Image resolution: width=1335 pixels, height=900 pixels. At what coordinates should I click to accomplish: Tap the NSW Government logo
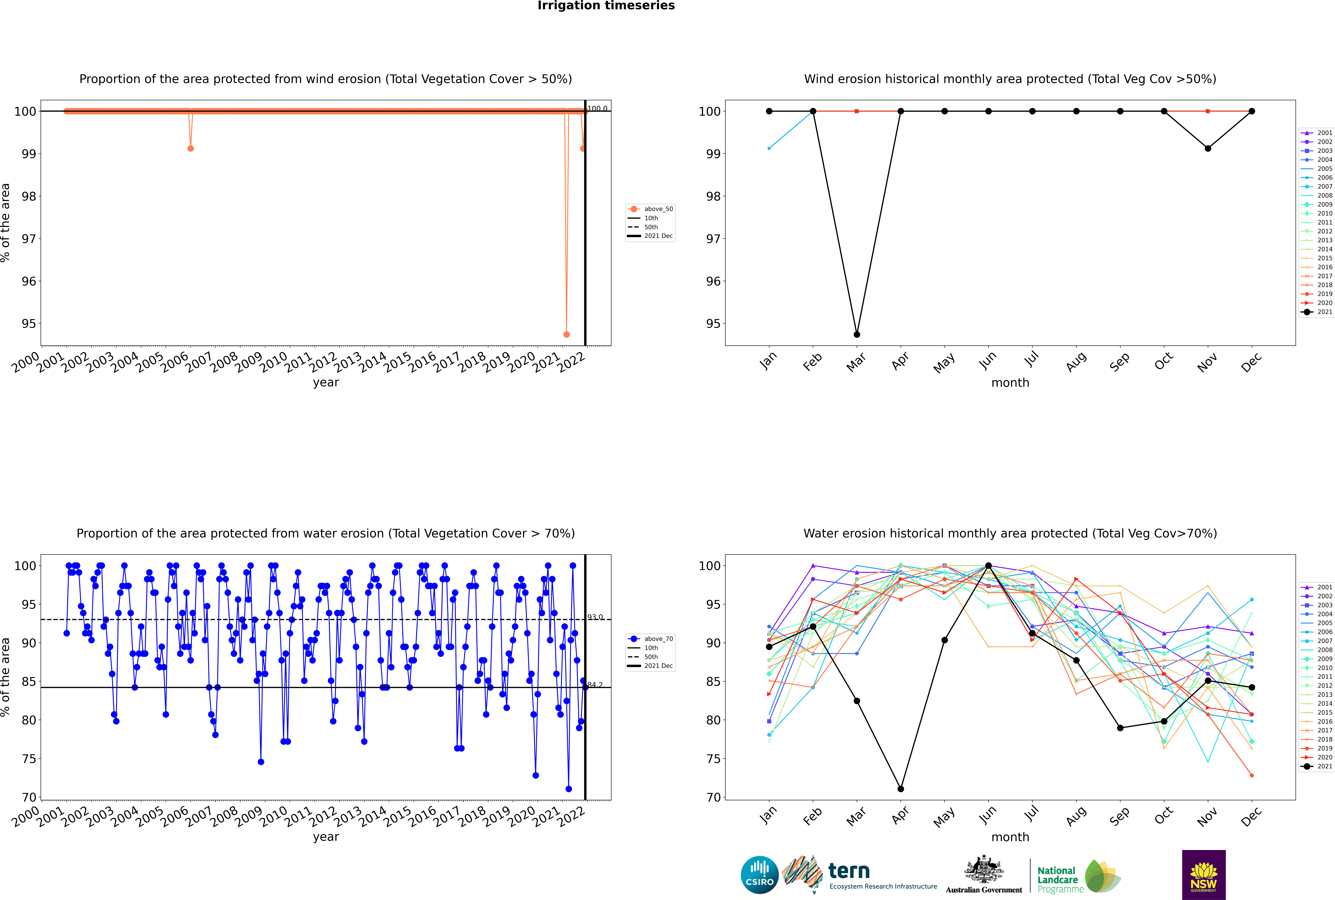coord(1204,874)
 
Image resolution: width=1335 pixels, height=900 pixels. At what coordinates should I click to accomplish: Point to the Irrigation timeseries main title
coord(606,6)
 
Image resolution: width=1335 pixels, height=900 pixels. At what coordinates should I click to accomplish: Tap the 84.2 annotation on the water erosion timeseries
coord(595,685)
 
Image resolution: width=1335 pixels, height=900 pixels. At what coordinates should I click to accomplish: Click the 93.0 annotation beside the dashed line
coord(595,617)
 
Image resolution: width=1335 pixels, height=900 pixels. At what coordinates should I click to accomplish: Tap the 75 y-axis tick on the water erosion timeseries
coord(29,759)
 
